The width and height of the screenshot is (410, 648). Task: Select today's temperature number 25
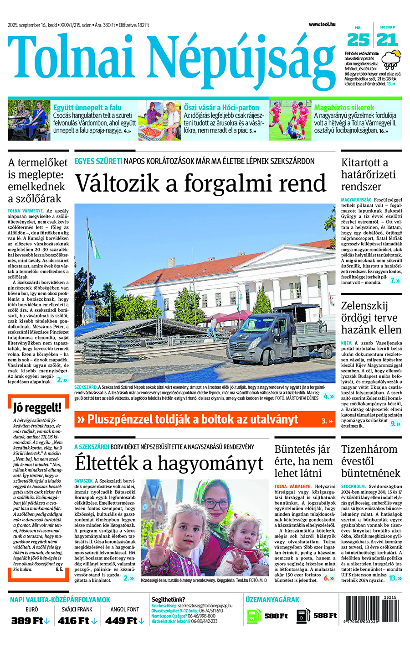358,40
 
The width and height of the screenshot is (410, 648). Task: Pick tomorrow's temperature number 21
387,40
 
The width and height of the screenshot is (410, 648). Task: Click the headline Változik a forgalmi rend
200,183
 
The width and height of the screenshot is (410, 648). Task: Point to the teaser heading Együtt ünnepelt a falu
87,108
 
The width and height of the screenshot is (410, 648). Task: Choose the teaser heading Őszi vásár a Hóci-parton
221,108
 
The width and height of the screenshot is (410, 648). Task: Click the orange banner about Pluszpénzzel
205,419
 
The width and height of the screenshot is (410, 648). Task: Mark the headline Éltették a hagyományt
169,463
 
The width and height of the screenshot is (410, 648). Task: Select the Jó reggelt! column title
37,408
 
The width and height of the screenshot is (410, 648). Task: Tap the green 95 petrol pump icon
253,617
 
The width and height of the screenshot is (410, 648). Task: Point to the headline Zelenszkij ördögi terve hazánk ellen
371,318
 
